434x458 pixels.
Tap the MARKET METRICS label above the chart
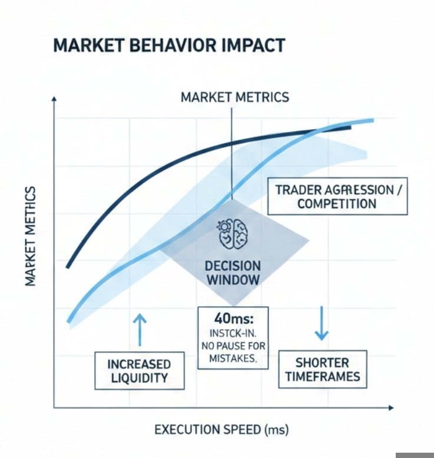234,97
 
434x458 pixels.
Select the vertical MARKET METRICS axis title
31,236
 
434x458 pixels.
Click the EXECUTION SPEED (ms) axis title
221,429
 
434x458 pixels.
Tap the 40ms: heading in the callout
233,318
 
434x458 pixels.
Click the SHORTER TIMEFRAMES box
322,370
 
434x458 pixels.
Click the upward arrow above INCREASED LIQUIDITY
140,328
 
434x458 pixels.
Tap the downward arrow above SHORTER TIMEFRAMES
321,324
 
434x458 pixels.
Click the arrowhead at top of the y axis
54,101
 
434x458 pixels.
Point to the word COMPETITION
337,204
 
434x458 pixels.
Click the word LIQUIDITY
139,378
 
